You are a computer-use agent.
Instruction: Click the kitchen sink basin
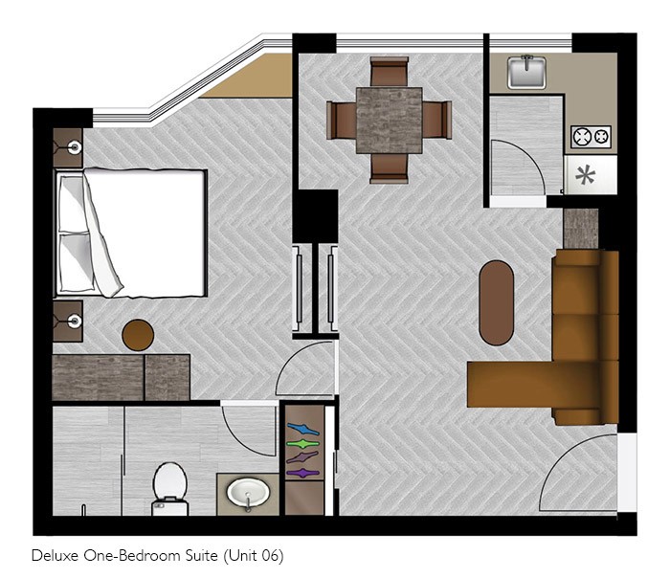tap(526, 72)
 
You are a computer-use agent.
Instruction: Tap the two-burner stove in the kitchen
tap(591, 137)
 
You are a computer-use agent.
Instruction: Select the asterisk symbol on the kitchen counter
tap(586, 175)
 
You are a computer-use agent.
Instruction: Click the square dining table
tap(389, 121)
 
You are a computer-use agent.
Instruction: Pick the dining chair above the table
tap(389, 72)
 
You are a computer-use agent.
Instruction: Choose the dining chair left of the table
tap(341, 120)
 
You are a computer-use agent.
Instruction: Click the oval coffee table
tap(496, 302)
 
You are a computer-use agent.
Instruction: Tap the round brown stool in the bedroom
tap(138, 335)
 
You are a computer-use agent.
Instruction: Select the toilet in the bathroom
tap(170, 489)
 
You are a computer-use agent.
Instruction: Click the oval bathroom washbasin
tap(248, 493)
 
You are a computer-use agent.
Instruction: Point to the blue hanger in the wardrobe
tap(303, 429)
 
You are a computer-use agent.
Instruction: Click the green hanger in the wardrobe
tap(303, 443)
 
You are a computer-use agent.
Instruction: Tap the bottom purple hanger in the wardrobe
tap(303, 473)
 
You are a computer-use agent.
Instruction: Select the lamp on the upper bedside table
tap(75, 147)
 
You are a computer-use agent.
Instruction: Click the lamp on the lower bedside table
tap(75, 321)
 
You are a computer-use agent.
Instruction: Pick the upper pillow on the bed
tap(73, 204)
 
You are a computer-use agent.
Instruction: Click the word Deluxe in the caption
tap(56, 555)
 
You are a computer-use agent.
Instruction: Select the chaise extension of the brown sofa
tap(510, 384)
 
